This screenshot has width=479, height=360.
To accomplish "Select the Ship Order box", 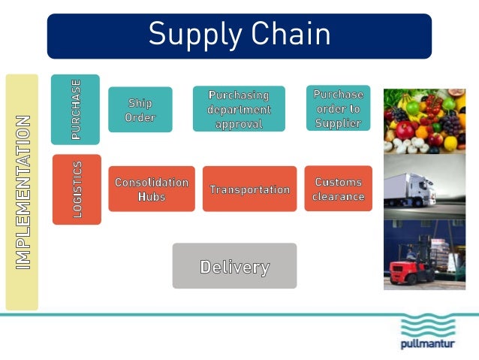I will (140, 110).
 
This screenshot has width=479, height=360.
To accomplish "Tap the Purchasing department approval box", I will (239, 109).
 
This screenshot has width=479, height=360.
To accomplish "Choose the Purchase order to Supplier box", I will (338, 108).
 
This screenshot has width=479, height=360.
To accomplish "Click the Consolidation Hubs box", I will (152, 189).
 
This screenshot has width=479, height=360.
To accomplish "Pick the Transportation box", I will (249, 189).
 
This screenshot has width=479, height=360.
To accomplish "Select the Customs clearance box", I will (339, 189).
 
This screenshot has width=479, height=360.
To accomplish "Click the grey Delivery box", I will (234, 266).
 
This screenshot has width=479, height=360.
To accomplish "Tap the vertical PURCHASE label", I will (76, 110).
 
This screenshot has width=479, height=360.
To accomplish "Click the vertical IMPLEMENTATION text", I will (23, 192).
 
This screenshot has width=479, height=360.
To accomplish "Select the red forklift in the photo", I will (410, 266).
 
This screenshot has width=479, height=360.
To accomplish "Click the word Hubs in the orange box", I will (152, 196).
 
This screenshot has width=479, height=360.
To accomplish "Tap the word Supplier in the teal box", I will (338, 123).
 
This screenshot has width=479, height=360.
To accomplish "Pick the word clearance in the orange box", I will (339, 197).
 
